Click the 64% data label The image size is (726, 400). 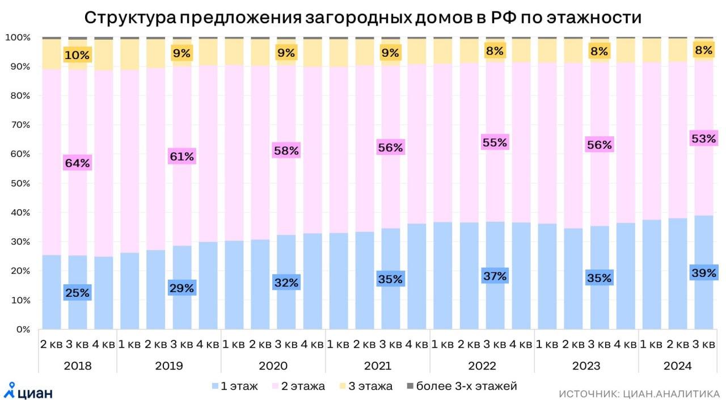point(77,163)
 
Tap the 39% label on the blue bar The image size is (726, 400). point(703,273)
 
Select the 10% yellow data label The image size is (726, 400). point(77,55)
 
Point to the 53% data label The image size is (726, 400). point(703,138)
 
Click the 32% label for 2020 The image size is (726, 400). point(286,283)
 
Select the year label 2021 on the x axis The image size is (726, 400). point(378,365)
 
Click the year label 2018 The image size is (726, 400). point(78,365)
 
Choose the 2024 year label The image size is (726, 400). point(678,365)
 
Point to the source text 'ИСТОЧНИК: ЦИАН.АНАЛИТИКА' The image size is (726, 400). point(639,393)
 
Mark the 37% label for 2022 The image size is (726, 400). point(495,276)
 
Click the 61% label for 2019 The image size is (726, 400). point(181,156)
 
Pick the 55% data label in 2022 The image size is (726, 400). point(495,142)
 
